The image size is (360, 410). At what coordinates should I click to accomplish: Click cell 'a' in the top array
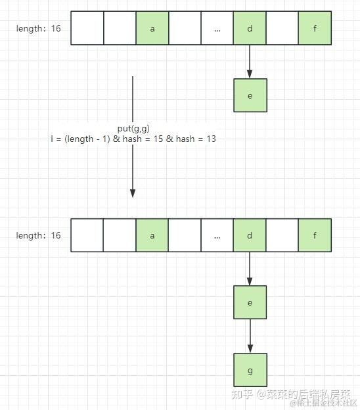click(152, 28)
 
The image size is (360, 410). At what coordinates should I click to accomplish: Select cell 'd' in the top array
click(250, 28)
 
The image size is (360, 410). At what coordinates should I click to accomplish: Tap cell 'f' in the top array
click(315, 28)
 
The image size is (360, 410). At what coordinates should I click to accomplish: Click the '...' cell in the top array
click(217, 28)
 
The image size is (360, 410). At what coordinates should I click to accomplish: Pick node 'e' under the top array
click(250, 95)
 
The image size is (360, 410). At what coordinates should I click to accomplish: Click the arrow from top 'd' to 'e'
click(250, 62)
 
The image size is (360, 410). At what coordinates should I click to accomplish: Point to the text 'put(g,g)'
click(133, 129)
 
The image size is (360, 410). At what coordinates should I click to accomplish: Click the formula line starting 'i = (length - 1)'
click(133, 139)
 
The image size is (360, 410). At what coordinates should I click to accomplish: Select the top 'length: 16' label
click(39, 28)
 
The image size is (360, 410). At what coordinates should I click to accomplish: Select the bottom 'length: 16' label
click(39, 235)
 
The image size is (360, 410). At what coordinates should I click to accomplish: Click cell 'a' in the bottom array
click(152, 235)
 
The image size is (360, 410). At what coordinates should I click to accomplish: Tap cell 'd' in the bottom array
click(250, 235)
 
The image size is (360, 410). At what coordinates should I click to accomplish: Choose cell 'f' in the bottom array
click(315, 235)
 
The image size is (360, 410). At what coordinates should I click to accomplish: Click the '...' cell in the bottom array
click(217, 235)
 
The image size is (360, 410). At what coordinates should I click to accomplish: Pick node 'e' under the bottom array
click(250, 302)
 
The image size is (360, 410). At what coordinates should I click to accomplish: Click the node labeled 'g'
click(250, 369)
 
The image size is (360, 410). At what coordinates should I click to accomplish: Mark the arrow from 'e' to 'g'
click(250, 336)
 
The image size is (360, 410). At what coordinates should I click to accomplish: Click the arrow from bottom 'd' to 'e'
click(250, 269)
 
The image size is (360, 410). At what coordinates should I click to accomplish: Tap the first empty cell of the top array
click(87, 28)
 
